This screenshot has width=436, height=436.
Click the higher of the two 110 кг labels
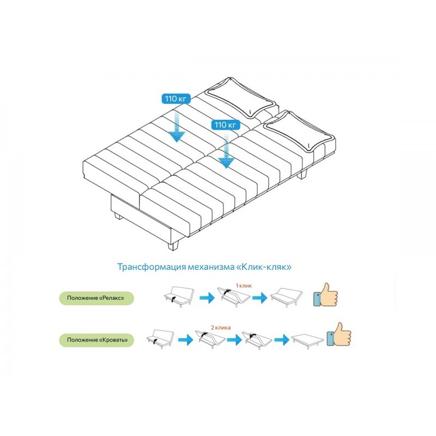coord(176,99)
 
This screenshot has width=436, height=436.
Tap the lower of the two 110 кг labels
coord(226,125)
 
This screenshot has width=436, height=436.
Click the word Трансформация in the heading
coord(152,267)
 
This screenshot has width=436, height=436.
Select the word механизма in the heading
coord(211,267)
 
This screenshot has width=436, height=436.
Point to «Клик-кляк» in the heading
coord(264,267)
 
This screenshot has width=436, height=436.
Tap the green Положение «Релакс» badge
coord(96,298)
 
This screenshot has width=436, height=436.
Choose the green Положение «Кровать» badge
coord(96,340)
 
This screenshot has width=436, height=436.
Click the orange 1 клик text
coord(244,286)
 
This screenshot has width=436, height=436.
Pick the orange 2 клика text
coord(221,328)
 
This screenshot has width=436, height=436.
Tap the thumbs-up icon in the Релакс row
coord(325,295)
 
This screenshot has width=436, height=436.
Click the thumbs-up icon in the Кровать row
coord(338,335)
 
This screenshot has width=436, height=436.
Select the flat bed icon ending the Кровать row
coord(308,341)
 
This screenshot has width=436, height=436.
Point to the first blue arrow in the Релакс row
coord(207,298)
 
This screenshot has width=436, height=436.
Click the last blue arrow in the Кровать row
coord(282,340)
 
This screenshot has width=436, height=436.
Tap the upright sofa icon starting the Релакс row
coord(179,297)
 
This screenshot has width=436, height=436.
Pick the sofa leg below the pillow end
coord(302,174)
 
